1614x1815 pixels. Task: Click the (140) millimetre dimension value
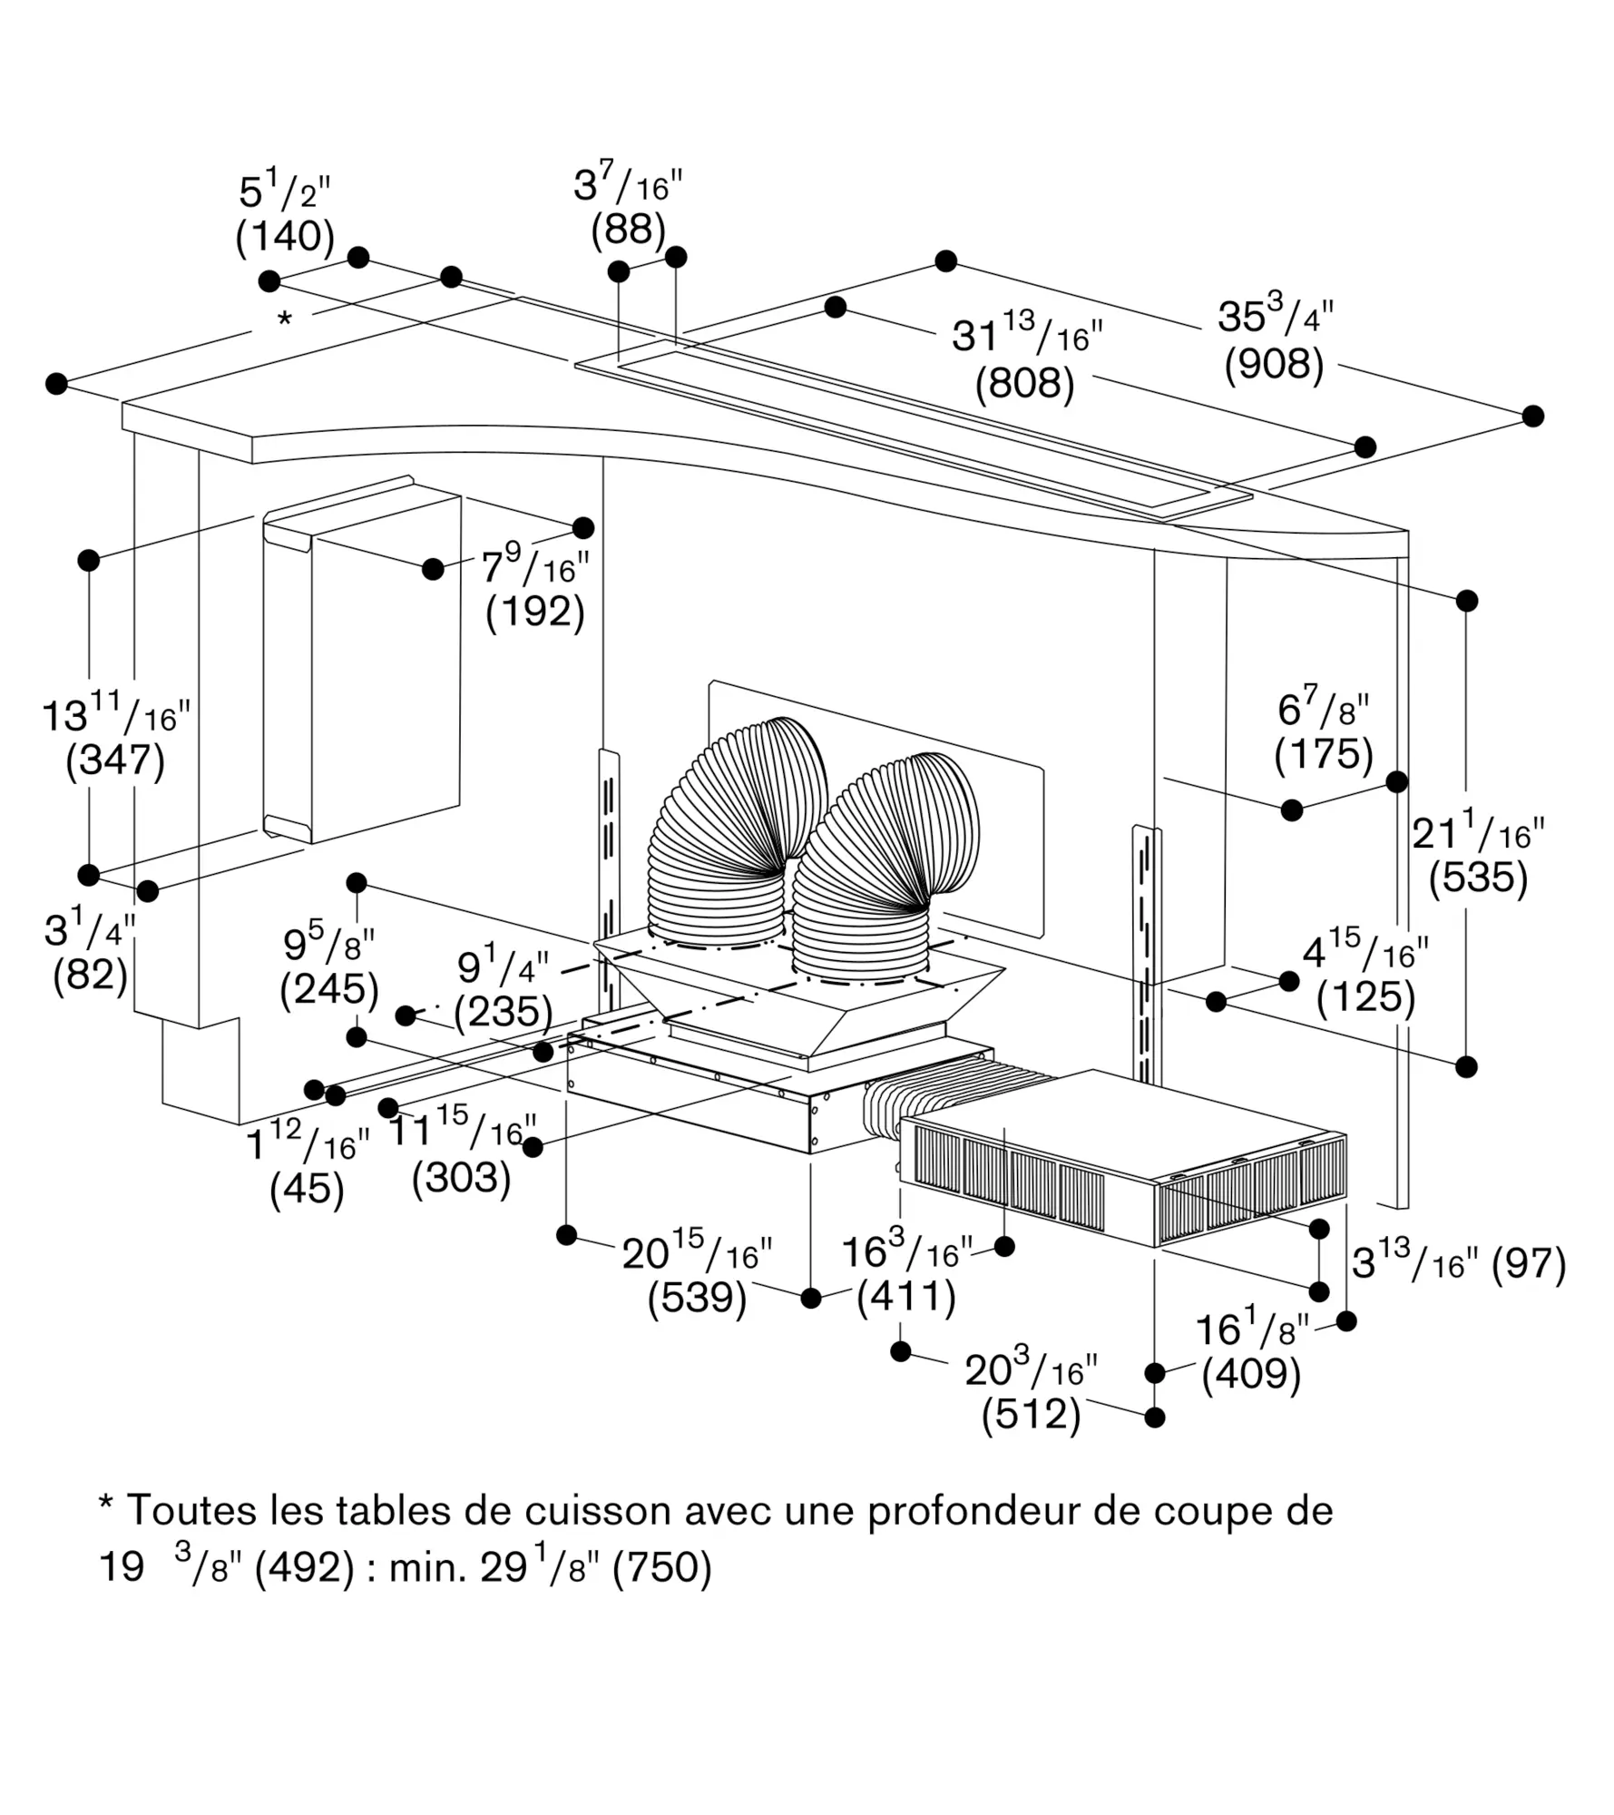click(x=285, y=237)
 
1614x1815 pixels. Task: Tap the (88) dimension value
click(x=628, y=230)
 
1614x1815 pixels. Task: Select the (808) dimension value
click(x=1024, y=383)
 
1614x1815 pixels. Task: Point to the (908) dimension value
click(x=1274, y=364)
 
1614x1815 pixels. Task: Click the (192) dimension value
click(x=534, y=612)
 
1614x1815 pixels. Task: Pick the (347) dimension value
click(x=115, y=760)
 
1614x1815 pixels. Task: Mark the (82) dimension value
click(x=90, y=976)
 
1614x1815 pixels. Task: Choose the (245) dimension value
click(x=328, y=989)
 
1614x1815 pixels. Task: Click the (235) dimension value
click(x=504, y=1012)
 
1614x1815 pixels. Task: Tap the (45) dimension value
click(x=307, y=1189)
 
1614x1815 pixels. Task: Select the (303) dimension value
click(x=461, y=1178)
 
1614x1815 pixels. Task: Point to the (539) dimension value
click(x=697, y=1298)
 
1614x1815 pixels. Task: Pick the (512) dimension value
click(x=1031, y=1415)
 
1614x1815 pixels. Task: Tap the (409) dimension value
click(x=1251, y=1374)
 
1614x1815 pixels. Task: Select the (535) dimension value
click(x=1478, y=878)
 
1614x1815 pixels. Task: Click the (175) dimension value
click(x=1324, y=754)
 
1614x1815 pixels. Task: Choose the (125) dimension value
click(x=1365, y=998)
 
